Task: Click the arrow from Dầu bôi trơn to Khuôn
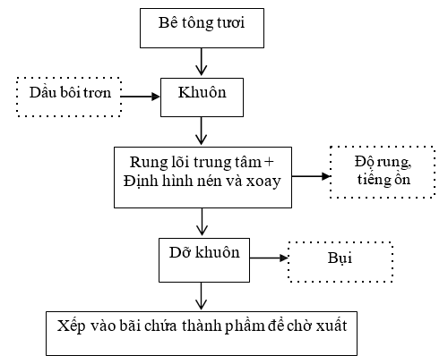pyautogui.click(x=141, y=97)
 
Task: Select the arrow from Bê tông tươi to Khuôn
pyautogui.click(x=202, y=62)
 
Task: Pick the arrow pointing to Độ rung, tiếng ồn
pyautogui.click(x=311, y=176)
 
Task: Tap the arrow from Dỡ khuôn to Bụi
pyautogui.click(x=269, y=258)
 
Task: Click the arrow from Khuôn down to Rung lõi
pyautogui.click(x=202, y=131)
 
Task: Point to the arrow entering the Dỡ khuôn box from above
pyautogui.click(x=202, y=222)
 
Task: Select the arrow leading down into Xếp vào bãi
pyautogui.click(x=202, y=296)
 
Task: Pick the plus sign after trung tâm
pyautogui.click(x=269, y=162)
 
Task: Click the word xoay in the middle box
pyautogui.click(x=263, y=182)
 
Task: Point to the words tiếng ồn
pyautogui.click(x=383, y=180)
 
